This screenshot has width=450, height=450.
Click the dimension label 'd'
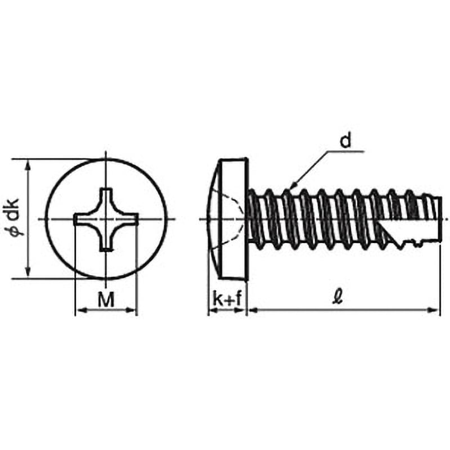[x=345, y=141]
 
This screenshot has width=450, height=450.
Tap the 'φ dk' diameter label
[x=13, y=217]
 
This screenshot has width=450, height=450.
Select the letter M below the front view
[x=106, y=299]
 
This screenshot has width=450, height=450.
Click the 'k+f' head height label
[x=227, y=299]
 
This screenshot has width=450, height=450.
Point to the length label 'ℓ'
[x=339, y=297]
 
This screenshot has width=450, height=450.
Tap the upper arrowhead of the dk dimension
[x=28, y=164]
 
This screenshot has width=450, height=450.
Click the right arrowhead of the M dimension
[x=131, y=310]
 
